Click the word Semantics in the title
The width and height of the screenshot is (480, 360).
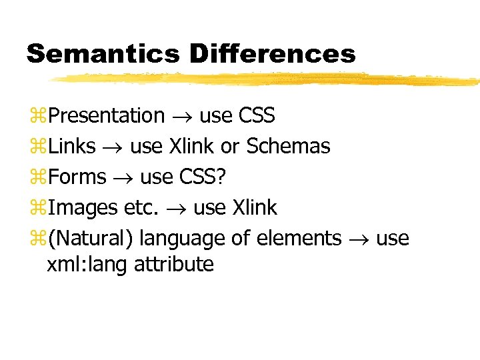tap(102, 53)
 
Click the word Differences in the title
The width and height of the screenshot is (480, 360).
tap(272, 53)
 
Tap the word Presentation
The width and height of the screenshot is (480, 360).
tap(107, 116)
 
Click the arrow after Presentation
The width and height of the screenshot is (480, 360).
tap(182, 117)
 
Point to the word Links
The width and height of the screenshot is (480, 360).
tap(71, 146)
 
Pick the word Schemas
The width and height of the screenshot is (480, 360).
tap(288, 146)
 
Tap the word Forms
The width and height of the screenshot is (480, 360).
tap(77, 177)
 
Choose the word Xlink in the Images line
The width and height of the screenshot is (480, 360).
tap(254, 208)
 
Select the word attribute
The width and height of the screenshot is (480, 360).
tap(174, 265)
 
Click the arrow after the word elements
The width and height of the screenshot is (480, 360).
tap(359, 239)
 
